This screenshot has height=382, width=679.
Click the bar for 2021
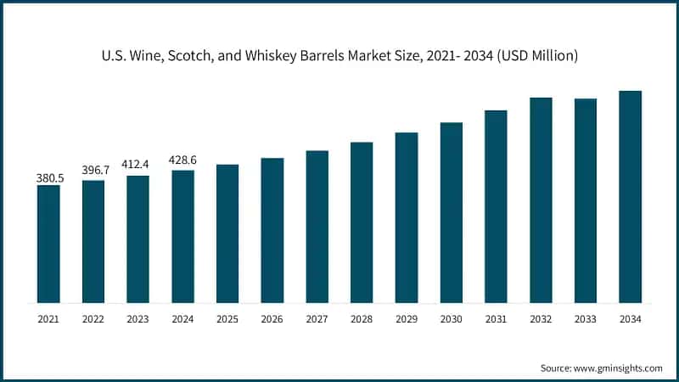click(x=48, y=244)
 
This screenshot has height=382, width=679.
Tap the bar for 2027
click(x=317, y=227)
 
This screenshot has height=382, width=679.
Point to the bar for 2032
click(x=541, y=200)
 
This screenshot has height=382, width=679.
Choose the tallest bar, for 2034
click(x=630, y=197)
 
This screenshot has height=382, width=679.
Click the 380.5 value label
click(x=48, y=178)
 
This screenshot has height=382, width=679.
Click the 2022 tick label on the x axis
click(x=93, y=318)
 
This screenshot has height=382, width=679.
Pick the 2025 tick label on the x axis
click(x=227, y=318)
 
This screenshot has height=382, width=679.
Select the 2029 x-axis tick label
click(x=406, y=318)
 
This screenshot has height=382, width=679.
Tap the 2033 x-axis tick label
click(x=585, y=318)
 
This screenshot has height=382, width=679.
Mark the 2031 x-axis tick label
click(x=496, y=318)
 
